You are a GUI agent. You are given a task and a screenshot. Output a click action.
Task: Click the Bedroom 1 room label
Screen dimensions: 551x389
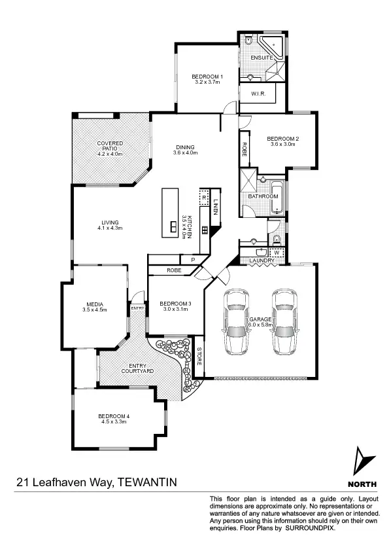[x=207, y=77]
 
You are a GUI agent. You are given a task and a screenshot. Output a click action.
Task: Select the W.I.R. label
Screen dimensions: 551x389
[x=258, y=94]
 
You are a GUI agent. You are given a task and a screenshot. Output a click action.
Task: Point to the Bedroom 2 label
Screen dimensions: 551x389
[x=282, y=139]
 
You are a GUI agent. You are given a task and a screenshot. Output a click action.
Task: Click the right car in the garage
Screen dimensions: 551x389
[x=284, y=321]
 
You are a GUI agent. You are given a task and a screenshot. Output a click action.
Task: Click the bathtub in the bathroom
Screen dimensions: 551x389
[x=277, y=199]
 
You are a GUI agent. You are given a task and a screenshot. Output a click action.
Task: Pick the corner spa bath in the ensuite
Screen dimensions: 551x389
[x=271, y=46]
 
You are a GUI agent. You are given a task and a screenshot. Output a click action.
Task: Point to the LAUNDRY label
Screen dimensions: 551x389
[x=262, y=261]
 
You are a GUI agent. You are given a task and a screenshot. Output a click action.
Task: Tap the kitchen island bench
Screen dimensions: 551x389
[x=171, y=213]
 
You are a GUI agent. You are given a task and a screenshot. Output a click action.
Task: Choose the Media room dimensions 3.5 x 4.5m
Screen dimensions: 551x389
[x=95, y=310]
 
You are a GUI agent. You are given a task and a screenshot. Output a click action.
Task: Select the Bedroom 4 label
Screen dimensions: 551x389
[x=114, y=416]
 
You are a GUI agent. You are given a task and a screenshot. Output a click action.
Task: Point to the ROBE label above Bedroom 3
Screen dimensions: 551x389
[x=173, y=270]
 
